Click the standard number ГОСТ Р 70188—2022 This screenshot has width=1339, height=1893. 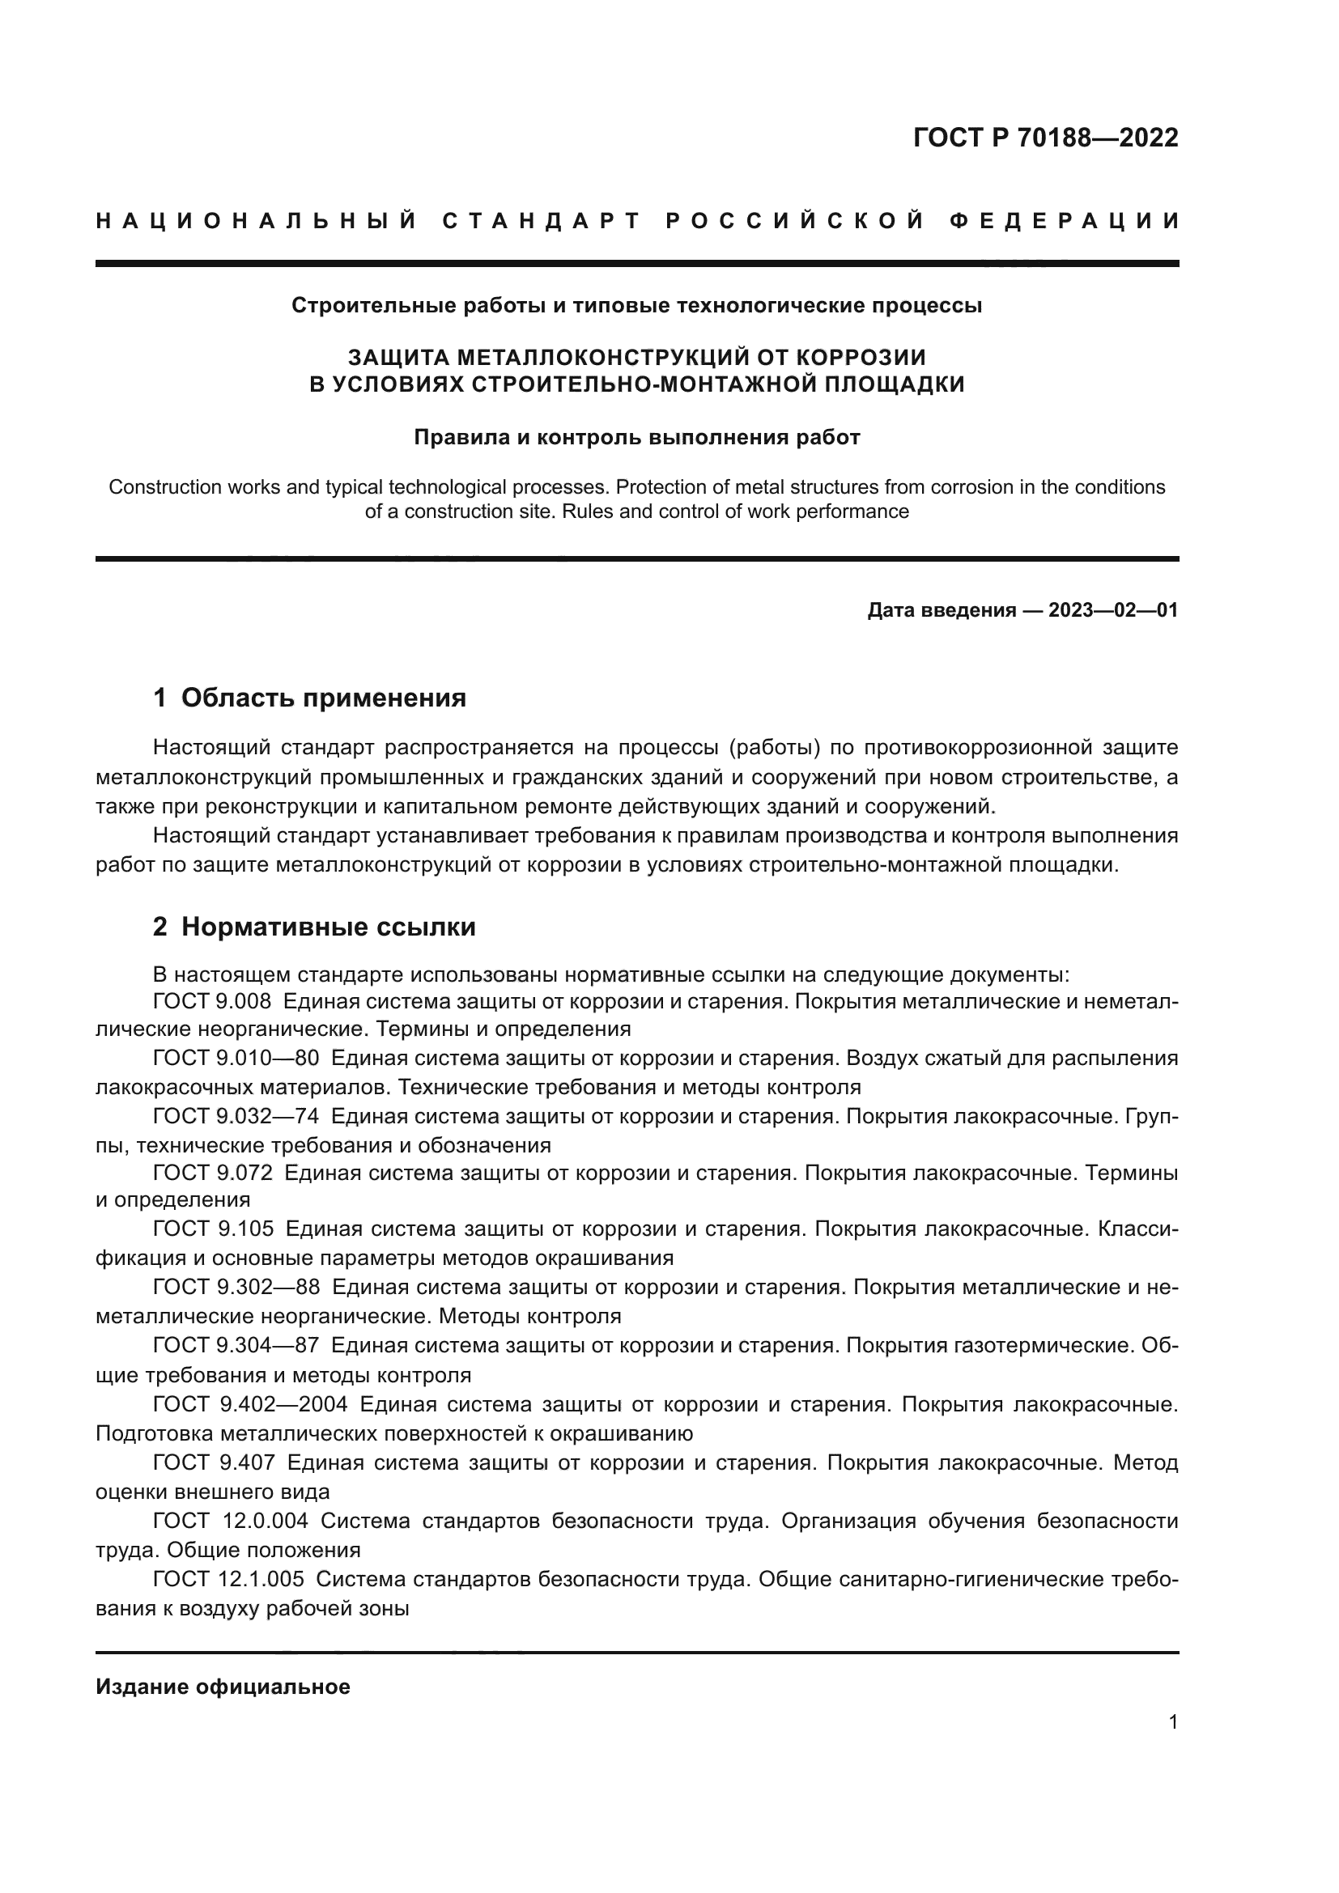point(1045,138)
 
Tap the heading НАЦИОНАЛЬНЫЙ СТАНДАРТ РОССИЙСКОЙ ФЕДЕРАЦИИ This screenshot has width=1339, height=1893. point(637,221)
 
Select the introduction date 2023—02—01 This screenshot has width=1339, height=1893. point(1113,610)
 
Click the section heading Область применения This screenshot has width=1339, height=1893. point(323,698)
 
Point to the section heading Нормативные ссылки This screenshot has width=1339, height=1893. point(328,927)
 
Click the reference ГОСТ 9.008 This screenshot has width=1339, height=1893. point(212,1002)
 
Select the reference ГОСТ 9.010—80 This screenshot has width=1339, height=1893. point(236,1058)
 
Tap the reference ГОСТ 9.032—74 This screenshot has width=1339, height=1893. point(236,1115)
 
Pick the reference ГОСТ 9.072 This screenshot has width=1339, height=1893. point(212,1172)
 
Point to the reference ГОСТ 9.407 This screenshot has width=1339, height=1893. point(214,1462)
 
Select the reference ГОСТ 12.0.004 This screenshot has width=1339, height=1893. point(230,1521)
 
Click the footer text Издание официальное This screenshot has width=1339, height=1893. point(223,1686)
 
